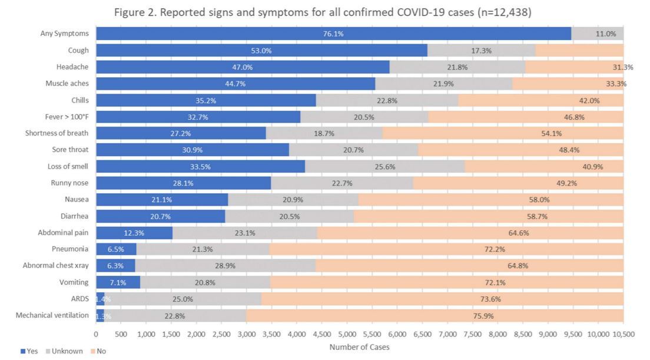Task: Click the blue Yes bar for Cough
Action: click(261, 51)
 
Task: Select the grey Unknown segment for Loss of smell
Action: click(384, 167)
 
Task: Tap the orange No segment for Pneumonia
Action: click(446, 249)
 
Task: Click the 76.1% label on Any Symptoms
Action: click(333, 34)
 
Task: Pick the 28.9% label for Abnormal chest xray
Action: click(225, 266)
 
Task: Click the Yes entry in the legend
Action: click(29, 351)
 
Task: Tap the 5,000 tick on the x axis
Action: click(347, 334)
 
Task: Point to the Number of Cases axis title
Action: click(359, 347)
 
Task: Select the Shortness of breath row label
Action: click(57, 133)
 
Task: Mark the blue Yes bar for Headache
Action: click(243, 67)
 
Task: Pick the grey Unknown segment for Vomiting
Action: click(204, 282)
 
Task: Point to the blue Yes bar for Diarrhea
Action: click(160, 216)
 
